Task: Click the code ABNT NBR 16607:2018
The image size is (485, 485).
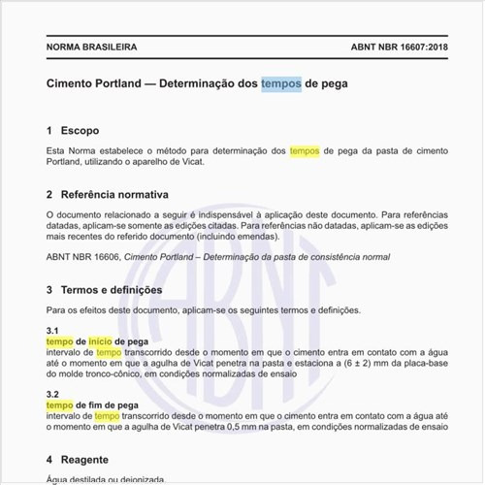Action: pyautogui.click(x=394, y=47)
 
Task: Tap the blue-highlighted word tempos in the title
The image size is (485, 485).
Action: pyautogui.click(x=280, y=84)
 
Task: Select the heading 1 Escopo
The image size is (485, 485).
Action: pyautogui.click(x=73, y=130)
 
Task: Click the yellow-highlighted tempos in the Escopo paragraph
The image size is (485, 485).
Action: pyautogui.click(x=305, y=151)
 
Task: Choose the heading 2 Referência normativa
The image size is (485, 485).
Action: pyautogui.click(x=108, y=194)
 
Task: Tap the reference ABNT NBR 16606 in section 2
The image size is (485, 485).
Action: pyautogui.click(x=81, y=257)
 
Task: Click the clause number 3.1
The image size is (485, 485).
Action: pyautogui.click(x=52, y=331)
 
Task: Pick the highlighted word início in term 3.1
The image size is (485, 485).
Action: pyautogui.click(x=100, y=342)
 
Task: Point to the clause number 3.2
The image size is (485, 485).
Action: pyautogui.click(x=52, y=395)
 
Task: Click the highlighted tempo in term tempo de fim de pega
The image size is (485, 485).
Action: pyautogui.click(x=59, y=405)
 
